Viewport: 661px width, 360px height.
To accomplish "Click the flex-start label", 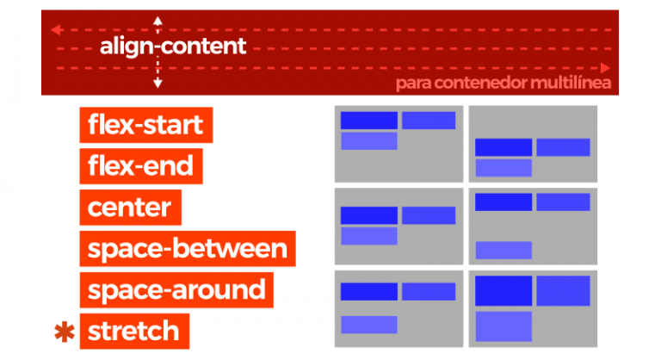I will point(145,125).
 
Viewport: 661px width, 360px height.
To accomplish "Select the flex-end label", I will point(140,165).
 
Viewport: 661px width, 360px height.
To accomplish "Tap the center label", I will point(129,207).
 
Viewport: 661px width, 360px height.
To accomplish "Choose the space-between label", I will point(187,248).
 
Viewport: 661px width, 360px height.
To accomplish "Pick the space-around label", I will point(176,289).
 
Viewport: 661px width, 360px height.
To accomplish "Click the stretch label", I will point(133,331).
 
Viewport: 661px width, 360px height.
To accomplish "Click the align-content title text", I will point(173,47).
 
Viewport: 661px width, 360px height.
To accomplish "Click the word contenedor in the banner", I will point(484,84).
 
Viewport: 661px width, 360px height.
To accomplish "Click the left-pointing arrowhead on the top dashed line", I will point(54,29).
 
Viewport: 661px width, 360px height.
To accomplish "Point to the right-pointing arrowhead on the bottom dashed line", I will point(607,67).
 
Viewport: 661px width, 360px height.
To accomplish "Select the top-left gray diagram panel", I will point(398,143).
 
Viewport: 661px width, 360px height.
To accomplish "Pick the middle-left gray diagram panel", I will point(398,226).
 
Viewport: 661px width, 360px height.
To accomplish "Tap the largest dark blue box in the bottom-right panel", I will point(503,291).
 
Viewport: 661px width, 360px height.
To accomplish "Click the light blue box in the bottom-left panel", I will point(369,325).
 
